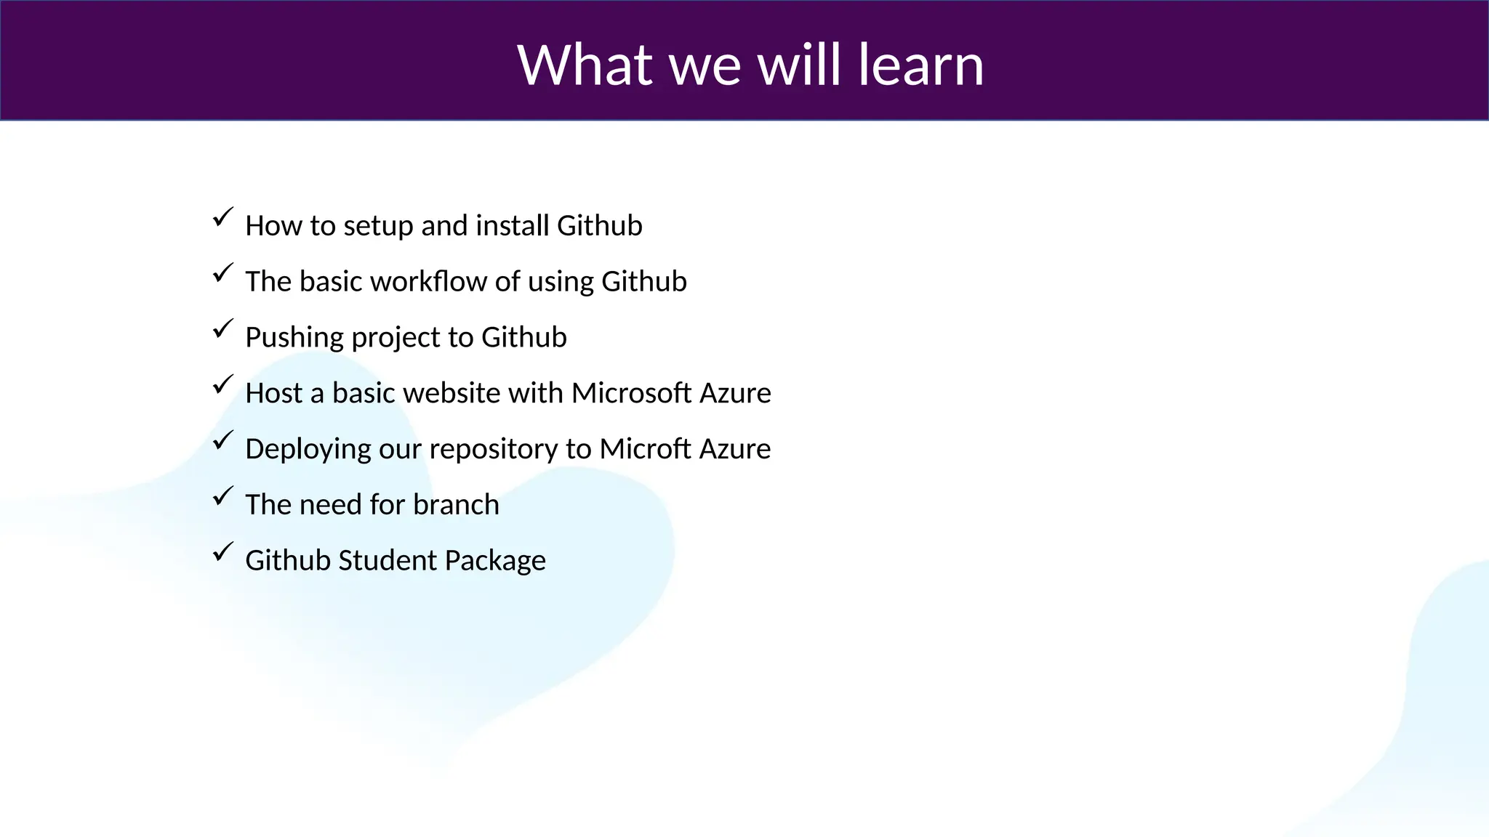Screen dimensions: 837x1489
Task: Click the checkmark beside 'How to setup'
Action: pyautogui.click(x=223, y=217)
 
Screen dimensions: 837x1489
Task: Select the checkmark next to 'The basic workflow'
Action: pyautogui.click(x=223, y=273)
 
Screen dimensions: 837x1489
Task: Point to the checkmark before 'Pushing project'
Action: pyautogui.click(x=223, y=328)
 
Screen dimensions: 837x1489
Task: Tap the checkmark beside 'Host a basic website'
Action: pyautogui.click(x=223, y=384)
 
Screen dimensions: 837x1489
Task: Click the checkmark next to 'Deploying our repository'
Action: pyautogui.click(x=223, y=440)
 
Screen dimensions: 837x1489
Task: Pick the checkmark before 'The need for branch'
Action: pyautogui.click(x=223, y=496)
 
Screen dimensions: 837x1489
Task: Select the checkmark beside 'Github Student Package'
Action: pyautogui.click(x=223, y=552)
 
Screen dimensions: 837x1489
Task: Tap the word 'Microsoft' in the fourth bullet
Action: pyautogui.click(x=631, y=393)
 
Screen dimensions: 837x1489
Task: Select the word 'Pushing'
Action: pyautogui.click(x=294, y=338)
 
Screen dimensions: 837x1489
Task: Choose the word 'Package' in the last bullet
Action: pyautogui.click(x=495, y=561)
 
